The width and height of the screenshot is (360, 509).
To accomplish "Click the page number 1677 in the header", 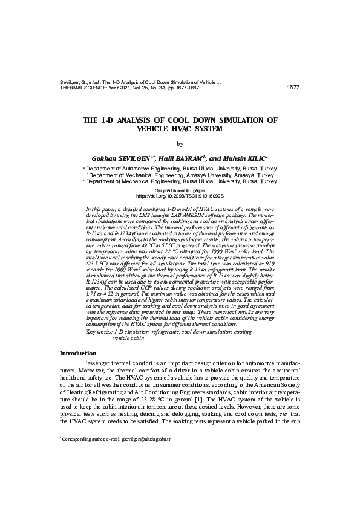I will (293, 88).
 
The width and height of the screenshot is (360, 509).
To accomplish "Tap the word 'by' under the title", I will (179, 143).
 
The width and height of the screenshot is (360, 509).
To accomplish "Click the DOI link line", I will (180, 196).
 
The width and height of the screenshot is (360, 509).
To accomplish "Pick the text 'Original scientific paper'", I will (180, 190).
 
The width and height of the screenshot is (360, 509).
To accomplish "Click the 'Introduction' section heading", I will (77, 353).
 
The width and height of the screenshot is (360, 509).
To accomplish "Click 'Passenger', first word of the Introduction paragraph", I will (98, 363).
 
